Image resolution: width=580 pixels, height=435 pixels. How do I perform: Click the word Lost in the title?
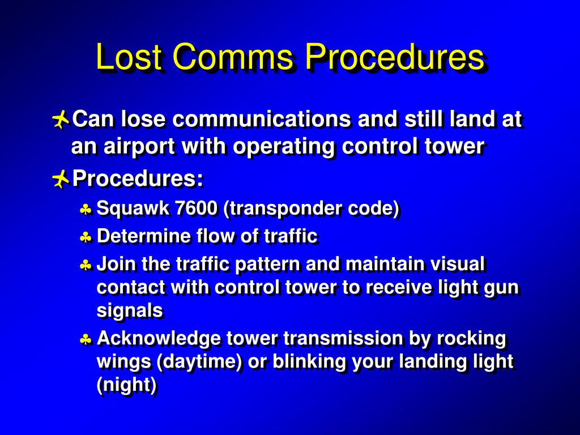click(129, 57)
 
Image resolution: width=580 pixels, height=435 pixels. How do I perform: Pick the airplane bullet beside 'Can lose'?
click(60, 120)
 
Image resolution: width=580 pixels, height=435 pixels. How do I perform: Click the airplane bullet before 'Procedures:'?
click(60, 180)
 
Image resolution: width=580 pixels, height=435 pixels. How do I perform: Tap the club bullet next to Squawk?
click(86, 210)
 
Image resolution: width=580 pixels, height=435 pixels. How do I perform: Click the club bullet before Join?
click(86, 265)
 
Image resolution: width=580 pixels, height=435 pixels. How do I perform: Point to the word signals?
click(130, 310)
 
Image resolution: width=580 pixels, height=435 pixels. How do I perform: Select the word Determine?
click(144, 236)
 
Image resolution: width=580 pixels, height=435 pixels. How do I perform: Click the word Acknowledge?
click(159, 339)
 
